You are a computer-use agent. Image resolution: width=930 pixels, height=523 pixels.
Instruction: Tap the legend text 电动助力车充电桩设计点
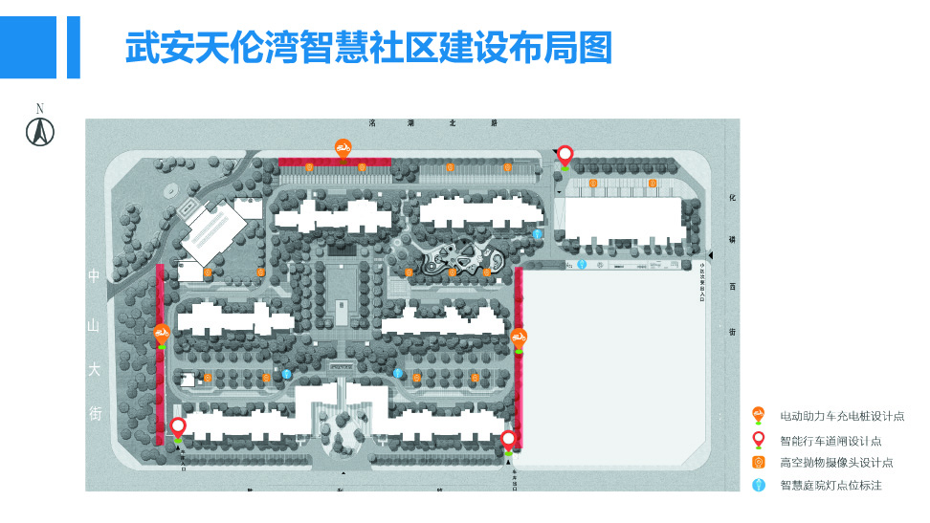point(842,416)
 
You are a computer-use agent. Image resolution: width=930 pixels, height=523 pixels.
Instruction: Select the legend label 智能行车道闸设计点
point(830,440)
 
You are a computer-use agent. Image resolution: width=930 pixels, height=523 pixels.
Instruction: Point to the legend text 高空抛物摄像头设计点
point(836,463)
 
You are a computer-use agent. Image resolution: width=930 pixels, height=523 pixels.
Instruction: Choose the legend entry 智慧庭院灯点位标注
point(830,486)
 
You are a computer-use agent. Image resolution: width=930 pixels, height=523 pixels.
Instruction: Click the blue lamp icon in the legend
point(759,485)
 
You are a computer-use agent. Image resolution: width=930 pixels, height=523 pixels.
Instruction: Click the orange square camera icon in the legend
point(759,462)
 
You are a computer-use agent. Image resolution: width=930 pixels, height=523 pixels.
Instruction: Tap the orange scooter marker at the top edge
point(343,147)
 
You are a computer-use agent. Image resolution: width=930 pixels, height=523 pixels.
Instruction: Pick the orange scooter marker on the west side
point(162,334)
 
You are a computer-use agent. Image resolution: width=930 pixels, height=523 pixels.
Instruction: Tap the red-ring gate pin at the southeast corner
point(509,439)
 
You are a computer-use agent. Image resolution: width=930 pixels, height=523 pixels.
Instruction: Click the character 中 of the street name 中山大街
point(94,277)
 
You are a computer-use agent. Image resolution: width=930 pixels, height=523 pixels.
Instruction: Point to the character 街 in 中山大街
point(94,414)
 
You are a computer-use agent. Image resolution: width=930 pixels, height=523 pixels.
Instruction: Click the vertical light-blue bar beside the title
point(73,46)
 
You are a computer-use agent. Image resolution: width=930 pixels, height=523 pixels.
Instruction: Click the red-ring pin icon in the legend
point(759,438)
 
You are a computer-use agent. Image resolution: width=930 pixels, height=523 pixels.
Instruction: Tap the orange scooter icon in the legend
point(759,414)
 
